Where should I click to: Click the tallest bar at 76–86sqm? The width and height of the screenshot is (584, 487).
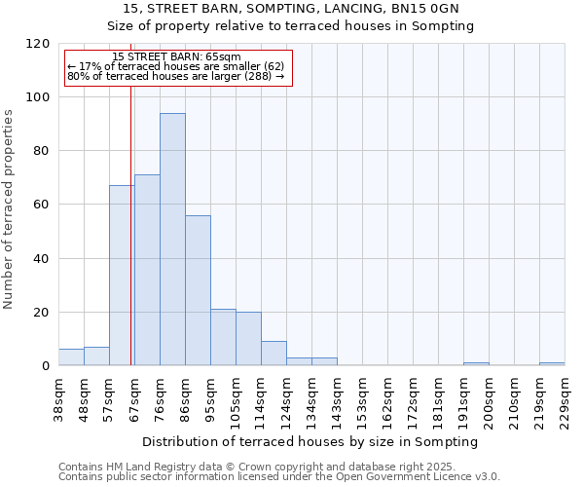coord(172,240)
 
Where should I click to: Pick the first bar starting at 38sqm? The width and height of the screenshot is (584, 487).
coord(71,357)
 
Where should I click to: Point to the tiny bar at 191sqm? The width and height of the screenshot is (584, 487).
coord(476,364)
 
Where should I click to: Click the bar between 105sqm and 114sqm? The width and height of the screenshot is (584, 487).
coord(248,339)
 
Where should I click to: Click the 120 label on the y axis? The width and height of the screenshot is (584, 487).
coord(39,44)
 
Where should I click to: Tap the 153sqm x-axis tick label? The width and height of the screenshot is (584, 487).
coord(362,398)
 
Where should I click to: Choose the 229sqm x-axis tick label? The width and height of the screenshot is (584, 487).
coord(565,398)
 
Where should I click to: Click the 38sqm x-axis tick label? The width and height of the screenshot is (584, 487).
coord(58,398)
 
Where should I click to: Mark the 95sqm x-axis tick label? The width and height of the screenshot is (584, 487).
coord(210,398)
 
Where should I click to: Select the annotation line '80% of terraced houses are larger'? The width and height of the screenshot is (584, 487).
coord(175,76)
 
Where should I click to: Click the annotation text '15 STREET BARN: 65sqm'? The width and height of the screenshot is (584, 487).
coord(176,57)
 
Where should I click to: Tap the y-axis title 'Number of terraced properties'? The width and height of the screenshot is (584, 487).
coord(9,209)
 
